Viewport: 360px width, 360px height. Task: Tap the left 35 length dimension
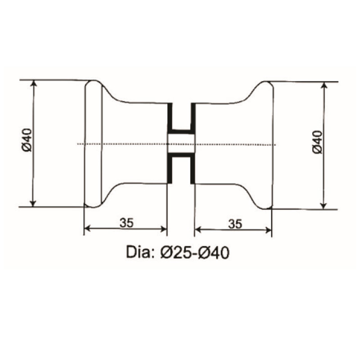click(126, 222)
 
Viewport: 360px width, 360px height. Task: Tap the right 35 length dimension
click(234, 223)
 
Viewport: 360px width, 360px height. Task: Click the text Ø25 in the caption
click(176, 253)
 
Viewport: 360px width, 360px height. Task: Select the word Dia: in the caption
click(140, 253)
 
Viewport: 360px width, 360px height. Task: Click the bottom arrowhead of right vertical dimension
click(323, 206)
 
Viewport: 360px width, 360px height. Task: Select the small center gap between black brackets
click(181, 144)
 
